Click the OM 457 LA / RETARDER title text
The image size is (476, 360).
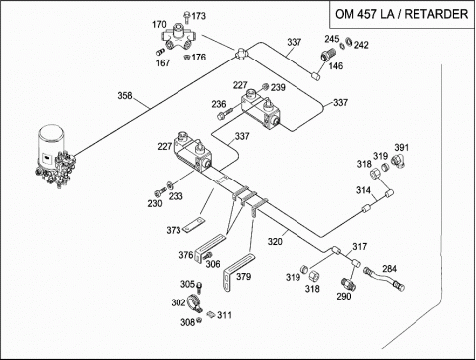click(402, 14)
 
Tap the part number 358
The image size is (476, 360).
click(125, 96)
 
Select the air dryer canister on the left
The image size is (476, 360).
click(56, 157)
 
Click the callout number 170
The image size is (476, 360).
click(159, 25)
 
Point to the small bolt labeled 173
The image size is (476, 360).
click(187, 17)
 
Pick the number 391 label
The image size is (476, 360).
click(402, 147)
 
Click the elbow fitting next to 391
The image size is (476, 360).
click(399, 161)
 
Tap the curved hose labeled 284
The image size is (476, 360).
click(384, 280)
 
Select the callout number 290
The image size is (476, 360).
click(344, 296)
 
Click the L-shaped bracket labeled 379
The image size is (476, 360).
click(239, 272)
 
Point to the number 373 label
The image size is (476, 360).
click(174, 230)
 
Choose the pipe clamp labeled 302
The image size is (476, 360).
click(194, 303)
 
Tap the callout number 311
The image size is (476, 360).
click(224, 315)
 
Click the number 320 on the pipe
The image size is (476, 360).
click(275, 242)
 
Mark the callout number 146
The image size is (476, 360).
click(336, 66)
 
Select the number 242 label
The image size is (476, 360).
click(361, 45)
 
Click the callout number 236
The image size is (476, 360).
click(219, 104)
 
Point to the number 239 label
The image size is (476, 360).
click(278, 87)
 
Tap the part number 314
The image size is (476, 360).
click(363, 190)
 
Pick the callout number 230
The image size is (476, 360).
click(155, 203)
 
